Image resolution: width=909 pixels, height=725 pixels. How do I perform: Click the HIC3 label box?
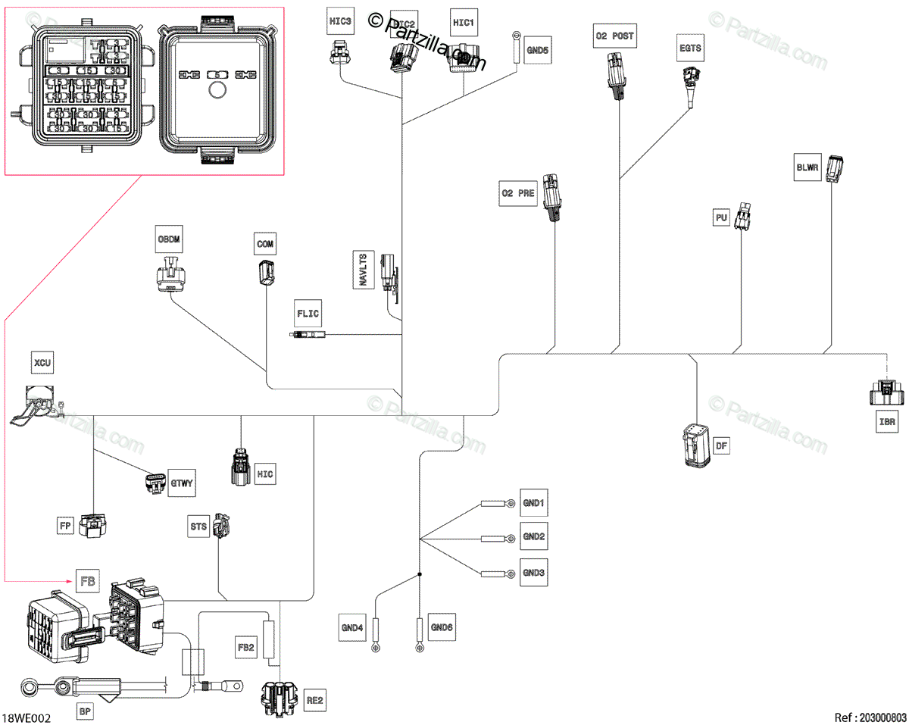click(x=340, y=22)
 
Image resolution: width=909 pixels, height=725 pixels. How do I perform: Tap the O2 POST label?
click(x=614, y=36)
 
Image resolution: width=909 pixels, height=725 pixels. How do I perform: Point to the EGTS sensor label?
click(x=689, y=49)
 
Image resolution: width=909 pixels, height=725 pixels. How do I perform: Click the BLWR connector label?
click(x=807, y=167)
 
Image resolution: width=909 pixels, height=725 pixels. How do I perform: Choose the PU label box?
click(x=721, y=218)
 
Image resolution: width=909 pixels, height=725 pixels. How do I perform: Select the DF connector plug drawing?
click(x=695, y=446)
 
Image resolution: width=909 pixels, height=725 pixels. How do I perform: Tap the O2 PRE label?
click(x=517, y=193)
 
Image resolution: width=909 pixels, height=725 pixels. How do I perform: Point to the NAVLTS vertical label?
click(x=364, y=269)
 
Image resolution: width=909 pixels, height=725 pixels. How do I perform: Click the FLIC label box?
click(x=308, y=312)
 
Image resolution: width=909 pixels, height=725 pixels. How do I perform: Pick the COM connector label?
click(x=265, y=244)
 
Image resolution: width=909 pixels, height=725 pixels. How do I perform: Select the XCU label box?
click(x=41, y=363)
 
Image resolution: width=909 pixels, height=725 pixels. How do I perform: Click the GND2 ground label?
click(x=534, y=536)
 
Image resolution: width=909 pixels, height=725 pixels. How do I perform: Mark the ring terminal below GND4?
click(x=375, y=648)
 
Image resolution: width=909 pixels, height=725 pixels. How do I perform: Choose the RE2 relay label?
click(x=314, y=701)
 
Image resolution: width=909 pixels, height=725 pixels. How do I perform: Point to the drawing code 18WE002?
click(x=27, y=717)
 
